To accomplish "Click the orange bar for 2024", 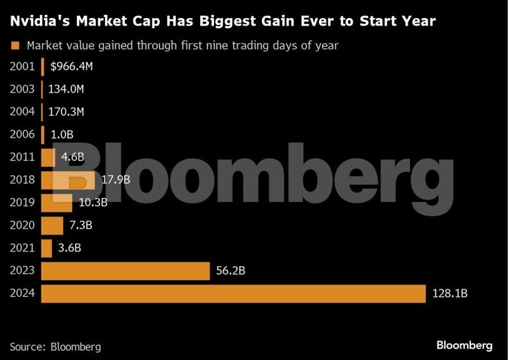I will (x=233, y=293).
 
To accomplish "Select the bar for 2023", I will (x=125, y=271).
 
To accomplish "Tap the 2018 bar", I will (x=68, y=180).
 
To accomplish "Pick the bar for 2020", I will (x=52, y=225).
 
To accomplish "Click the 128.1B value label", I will (x=450, y=293).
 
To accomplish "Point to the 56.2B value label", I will (x=231, y=271).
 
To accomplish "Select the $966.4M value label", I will (x=72, y=66).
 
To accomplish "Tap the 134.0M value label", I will (x=66, y=89).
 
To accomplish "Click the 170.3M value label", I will (x=66, y=112).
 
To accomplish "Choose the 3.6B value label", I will (x=69, y=248).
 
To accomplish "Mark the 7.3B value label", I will (x=80, y=225).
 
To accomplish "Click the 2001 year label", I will (x=23, y=66).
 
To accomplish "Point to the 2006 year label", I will (x=23, y=134).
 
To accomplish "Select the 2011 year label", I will (x=23, y=157).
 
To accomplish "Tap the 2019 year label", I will (x=23, y=202).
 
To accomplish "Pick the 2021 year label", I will (x=23, y=248).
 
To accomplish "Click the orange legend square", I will (x=15, y=45).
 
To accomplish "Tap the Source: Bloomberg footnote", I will (x=55, y=346).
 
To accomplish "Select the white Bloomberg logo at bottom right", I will (x=464, y=345).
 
